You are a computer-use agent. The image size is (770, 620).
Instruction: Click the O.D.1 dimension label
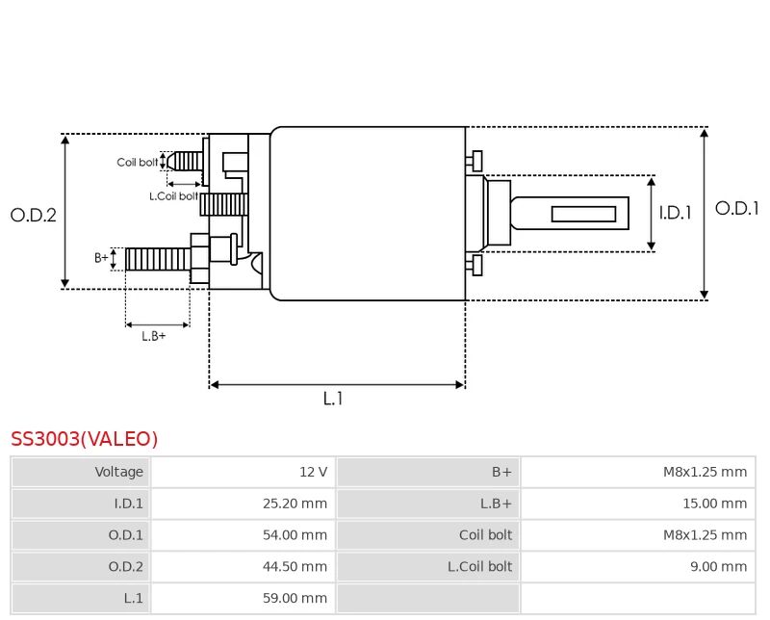(736, 208)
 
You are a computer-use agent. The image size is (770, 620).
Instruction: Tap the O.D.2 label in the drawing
(34, 216)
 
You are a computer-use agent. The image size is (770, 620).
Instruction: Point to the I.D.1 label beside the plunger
(675, 213)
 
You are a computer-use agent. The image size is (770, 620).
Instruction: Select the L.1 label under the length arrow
(333, 399)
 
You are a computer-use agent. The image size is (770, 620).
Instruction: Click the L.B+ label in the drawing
(154, 336)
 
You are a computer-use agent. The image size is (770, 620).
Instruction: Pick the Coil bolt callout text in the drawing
(138, 162)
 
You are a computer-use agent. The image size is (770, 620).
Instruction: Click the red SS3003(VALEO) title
(85, 439)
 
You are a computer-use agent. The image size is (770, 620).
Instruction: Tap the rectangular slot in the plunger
(583, 214)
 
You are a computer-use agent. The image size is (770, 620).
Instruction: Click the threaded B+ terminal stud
(157, 259)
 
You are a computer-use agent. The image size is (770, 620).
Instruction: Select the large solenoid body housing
(368, 214)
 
